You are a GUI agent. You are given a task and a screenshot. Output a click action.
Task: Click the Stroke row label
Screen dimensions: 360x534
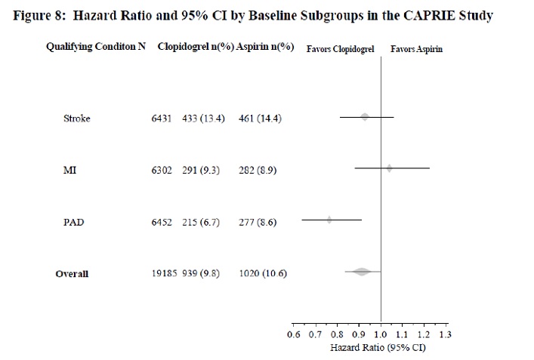point(77,118)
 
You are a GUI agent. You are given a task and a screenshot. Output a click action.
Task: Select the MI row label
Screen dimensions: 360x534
point(69,170)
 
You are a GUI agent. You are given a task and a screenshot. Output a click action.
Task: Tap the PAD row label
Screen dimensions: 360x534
point(73,222)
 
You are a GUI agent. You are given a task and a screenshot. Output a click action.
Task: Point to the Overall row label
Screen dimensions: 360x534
point(72,273)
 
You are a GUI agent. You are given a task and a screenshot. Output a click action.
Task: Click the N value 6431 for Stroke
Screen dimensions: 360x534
point(162,118)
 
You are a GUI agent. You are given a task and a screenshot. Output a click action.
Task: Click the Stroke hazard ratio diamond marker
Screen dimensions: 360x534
point(365,117)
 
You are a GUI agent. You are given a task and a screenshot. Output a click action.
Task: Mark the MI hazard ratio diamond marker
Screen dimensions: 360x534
point(389,168)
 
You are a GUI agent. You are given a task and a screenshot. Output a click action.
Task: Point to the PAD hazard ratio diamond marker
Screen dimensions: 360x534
point(329,220)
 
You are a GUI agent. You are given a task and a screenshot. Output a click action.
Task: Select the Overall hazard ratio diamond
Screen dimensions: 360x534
point(361,271)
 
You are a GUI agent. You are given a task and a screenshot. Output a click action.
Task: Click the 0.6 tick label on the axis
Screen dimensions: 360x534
point(294,333)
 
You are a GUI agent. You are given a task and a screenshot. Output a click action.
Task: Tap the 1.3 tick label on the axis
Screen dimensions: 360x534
point(445,333)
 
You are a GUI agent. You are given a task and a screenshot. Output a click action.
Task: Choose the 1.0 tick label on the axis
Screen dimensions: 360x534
point(380,333)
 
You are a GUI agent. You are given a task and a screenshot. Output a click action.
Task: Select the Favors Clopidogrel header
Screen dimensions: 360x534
point(340,49)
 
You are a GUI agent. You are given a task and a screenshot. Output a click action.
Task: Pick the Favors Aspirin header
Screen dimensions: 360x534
point(416,49)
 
